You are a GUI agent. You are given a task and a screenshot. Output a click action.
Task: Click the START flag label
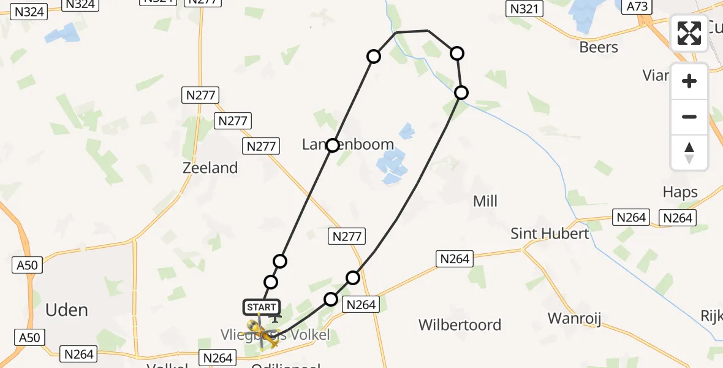click(262, 307)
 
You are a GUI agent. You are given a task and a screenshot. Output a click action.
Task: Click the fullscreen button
click(689, 33)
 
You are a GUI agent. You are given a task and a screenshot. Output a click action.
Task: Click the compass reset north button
click(689, 153)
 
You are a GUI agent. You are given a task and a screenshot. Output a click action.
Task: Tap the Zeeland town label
click(210, 167)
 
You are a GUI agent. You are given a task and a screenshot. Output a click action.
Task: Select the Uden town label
click(67, 310)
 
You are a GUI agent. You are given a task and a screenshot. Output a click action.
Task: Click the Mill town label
click(485, 201)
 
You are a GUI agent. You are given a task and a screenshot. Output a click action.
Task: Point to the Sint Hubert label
click(550, 233)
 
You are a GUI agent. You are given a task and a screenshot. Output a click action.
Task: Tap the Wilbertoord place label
click(460, 324)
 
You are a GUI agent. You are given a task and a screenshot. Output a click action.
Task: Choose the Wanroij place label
click(574, 318)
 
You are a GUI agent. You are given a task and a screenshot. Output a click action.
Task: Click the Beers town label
click(599, 47)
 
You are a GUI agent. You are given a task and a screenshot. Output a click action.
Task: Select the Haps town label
click(680, 192)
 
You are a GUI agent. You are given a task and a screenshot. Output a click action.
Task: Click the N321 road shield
click(524, 8)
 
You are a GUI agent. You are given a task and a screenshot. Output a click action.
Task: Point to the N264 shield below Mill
click(454, 259)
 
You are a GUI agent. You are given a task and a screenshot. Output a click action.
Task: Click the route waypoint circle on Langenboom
click(332, 145)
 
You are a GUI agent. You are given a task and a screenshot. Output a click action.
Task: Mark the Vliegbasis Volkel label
click(284, 335)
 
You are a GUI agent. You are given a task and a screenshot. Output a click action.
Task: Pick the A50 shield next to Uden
click(28, 265)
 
